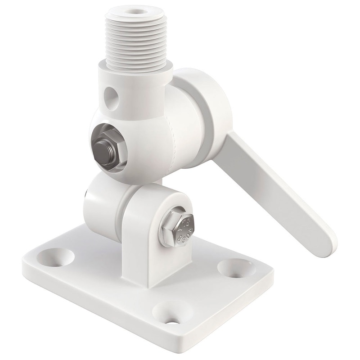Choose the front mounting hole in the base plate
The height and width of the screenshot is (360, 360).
tap(167, 313)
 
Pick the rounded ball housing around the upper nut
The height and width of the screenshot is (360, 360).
tap(135, 135)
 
